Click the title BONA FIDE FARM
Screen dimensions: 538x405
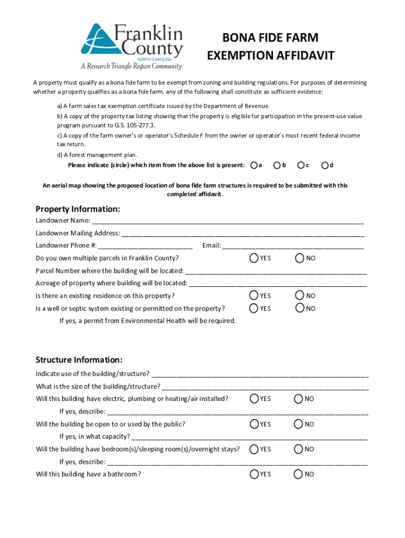(270, 38)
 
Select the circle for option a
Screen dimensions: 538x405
(254, 165)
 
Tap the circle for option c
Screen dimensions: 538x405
(300, 165)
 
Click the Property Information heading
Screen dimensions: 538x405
(78, 209)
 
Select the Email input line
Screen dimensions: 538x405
(293, 246)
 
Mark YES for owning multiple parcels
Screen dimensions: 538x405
(254, 258)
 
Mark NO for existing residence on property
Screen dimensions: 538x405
(299, 296)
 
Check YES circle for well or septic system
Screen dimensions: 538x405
(254, 308)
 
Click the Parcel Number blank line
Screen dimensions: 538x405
(276, 272)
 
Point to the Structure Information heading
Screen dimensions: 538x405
(79, 360)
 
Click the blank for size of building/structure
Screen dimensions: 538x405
(266, 387)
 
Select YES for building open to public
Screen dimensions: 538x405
(254, 424)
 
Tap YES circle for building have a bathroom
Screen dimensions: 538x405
(254, 474)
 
